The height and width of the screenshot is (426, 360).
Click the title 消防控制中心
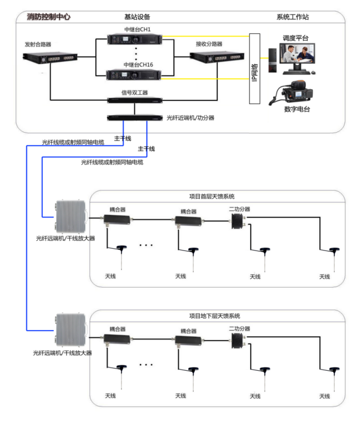coord(49,17)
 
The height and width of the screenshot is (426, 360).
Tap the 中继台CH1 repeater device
coord(134,39)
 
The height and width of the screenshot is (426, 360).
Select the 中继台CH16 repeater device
coord(134,75)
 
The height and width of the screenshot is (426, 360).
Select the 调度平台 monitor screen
coord(298,56)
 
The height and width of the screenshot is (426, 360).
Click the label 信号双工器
coord(134,92)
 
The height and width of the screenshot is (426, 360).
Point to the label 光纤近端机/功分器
coord(191,118)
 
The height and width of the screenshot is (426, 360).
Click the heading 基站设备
coord(137,17)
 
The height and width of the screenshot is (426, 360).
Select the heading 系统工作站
coord(293,17)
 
